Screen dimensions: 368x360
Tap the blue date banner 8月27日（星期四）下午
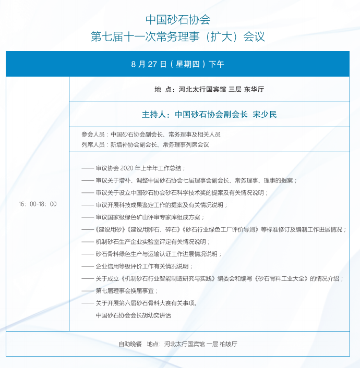tap(178, 64)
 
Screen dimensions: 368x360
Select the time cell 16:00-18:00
tap(38, 204)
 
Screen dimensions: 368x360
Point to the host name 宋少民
tap(265, 114)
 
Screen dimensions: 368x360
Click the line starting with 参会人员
tap(151, 134)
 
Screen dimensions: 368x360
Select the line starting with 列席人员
tap(145, 144)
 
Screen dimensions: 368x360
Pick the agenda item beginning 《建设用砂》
tap(220, 229)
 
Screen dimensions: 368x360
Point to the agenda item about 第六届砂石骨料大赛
tap(146, 303)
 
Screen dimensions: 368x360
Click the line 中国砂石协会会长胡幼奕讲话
tap(133, 315)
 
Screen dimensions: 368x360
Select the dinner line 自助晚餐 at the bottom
tap(178, 344)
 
